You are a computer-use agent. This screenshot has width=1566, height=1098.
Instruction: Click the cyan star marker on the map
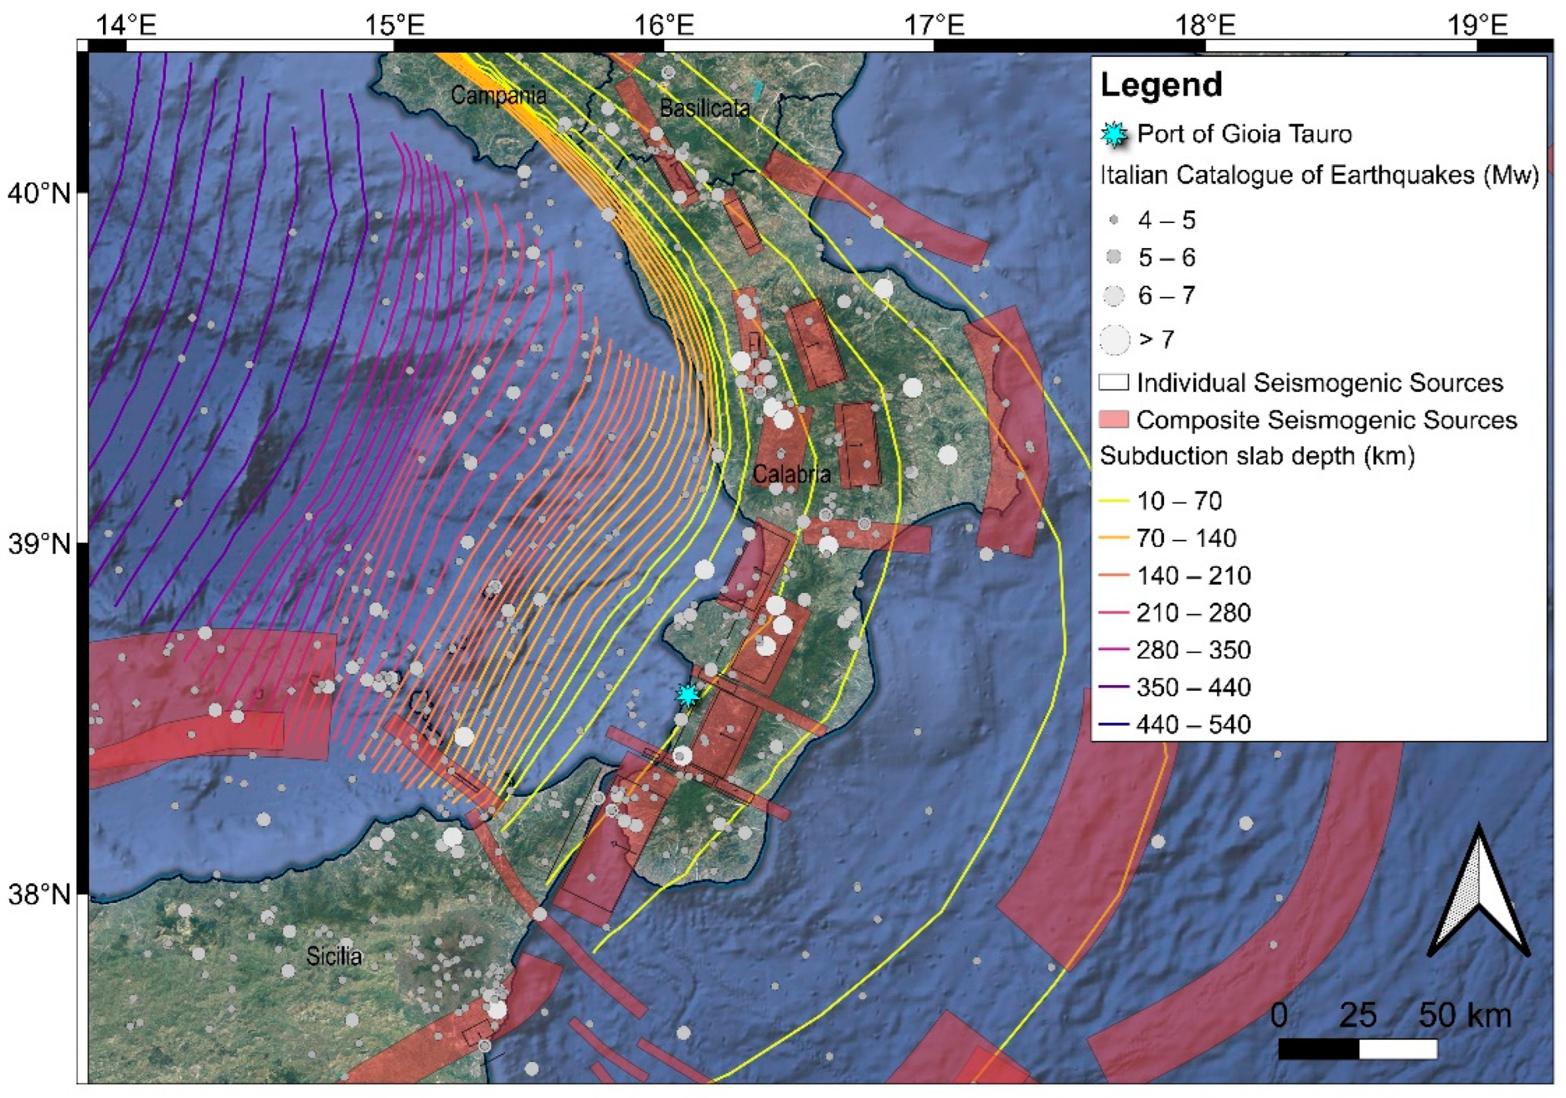[687, 695]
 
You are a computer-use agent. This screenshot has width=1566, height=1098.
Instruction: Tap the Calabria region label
[791, 474]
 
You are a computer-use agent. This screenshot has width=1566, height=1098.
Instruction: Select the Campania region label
[499, 95]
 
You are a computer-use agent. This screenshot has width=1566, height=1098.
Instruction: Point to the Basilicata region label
[705, 108]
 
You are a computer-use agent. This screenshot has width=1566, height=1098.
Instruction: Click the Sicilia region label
[333, 956]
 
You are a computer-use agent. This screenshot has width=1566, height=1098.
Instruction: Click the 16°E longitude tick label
[663, 25]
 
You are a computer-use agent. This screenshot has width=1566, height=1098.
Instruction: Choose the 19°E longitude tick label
[1477, 25]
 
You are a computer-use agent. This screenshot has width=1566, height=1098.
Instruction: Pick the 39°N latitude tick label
[39, 544]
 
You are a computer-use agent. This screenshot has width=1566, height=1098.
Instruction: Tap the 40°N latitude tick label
[39, 194]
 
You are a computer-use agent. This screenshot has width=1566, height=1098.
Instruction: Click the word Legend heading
[1161, 85]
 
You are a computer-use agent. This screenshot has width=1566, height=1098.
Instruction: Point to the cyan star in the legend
[1114, 134]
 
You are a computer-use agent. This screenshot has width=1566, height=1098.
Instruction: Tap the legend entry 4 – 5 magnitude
[1166, 220]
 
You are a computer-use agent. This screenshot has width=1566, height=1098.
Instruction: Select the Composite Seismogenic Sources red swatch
[1114, 419]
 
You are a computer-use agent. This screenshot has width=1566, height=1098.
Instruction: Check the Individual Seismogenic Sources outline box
[1114, 383]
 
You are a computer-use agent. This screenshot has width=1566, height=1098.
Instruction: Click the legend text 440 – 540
[1194, 724]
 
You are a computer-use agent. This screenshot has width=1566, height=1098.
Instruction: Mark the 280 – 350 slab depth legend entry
[1194, 650]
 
